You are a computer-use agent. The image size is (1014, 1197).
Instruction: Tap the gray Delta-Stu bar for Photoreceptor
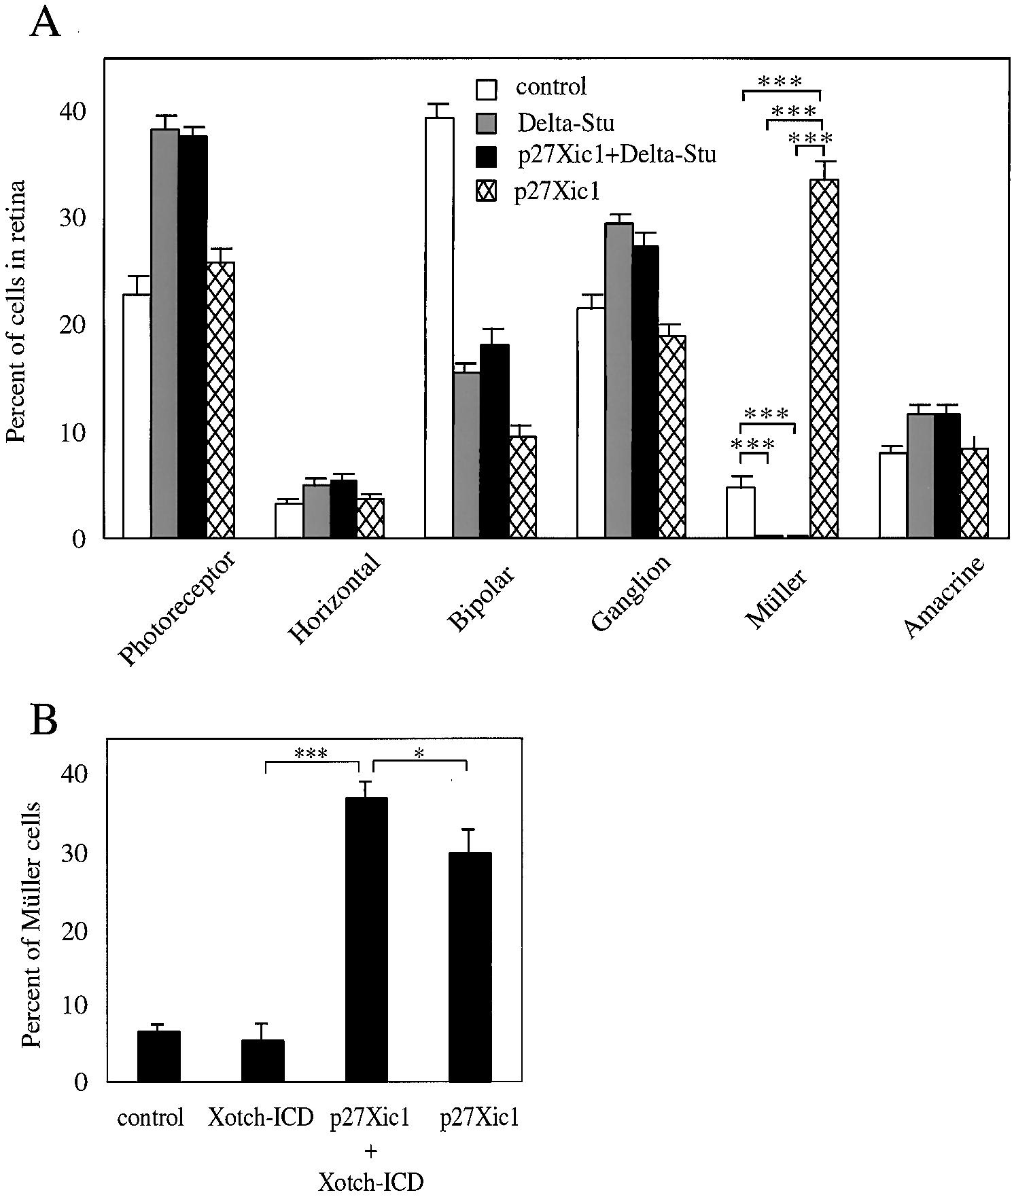164,334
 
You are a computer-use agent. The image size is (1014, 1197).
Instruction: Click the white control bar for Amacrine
892,495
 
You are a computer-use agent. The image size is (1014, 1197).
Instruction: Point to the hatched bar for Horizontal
370,518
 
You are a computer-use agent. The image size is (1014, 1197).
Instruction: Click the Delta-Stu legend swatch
487,123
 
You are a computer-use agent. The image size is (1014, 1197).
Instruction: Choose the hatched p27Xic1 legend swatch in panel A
487,193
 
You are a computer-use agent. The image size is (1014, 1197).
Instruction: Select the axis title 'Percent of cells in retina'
17,311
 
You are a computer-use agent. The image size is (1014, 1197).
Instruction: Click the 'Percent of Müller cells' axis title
31,926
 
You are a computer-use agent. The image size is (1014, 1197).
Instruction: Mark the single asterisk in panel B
419,753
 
